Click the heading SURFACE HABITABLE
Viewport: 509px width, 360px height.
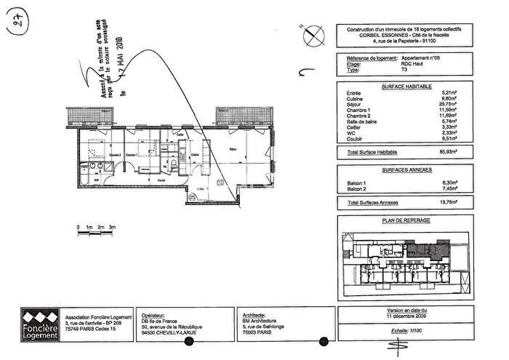406,85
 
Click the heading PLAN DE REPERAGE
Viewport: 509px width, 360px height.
406,220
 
